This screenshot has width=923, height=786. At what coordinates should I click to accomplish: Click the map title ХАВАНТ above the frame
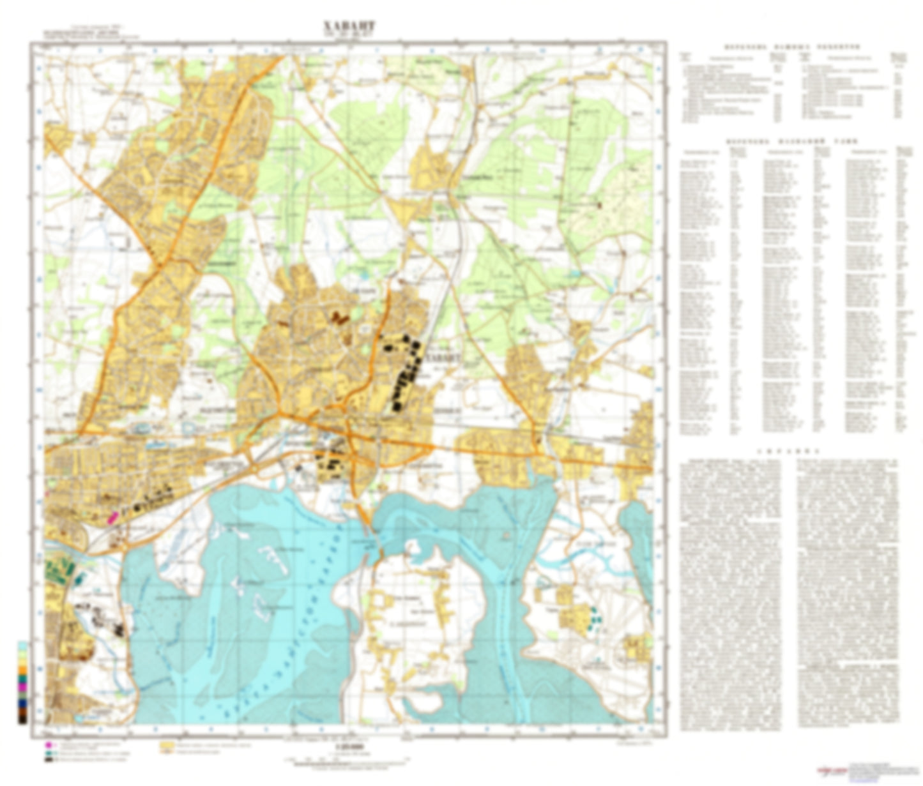(x=349, y=26)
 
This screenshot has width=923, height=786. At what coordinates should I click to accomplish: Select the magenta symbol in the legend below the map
(x=49, y=745)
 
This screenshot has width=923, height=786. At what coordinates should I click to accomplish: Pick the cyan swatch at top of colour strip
(x=23, y=646)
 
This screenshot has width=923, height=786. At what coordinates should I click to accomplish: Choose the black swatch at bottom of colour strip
(x=23, y=718)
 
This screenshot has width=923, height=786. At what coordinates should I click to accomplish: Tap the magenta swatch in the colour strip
(x=23, y=687)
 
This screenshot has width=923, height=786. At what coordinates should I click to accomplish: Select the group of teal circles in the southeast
(x=595, y=617)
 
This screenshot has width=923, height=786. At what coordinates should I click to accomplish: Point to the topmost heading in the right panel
(x=791, y=47)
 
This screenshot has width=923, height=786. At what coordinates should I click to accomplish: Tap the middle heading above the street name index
(x=791, y=141)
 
